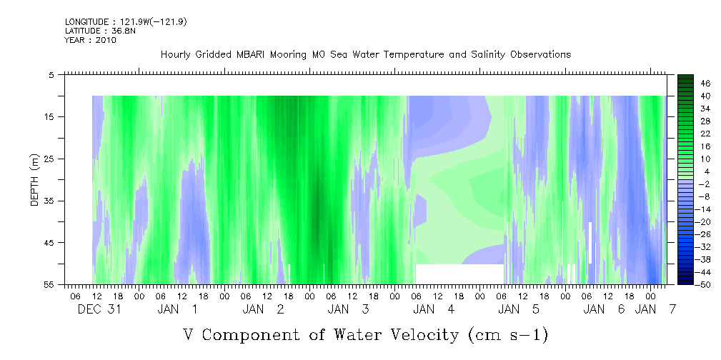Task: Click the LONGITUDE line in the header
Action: (x=126, y=21)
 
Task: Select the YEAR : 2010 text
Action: (x=91, y=40)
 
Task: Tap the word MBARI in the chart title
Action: (x=248, y=55)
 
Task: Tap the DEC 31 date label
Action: (x=99, y=309)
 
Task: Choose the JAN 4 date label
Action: (x=434, y=309)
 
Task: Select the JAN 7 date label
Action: (x=655, y=309)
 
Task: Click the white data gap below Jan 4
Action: (x=459, y=274)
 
